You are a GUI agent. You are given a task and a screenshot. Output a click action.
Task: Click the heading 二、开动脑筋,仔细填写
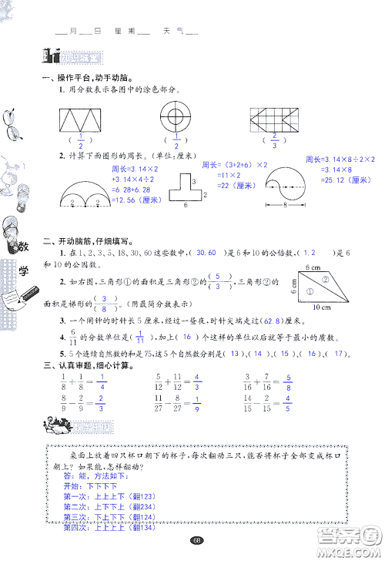point(92,240)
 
